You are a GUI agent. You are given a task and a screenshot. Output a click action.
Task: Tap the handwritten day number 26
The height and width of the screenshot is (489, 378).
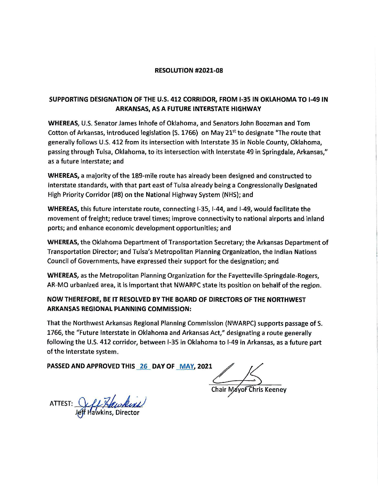[x=144, y=366]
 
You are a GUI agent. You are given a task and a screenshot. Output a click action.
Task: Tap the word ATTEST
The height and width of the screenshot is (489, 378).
[x=60, y=404]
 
